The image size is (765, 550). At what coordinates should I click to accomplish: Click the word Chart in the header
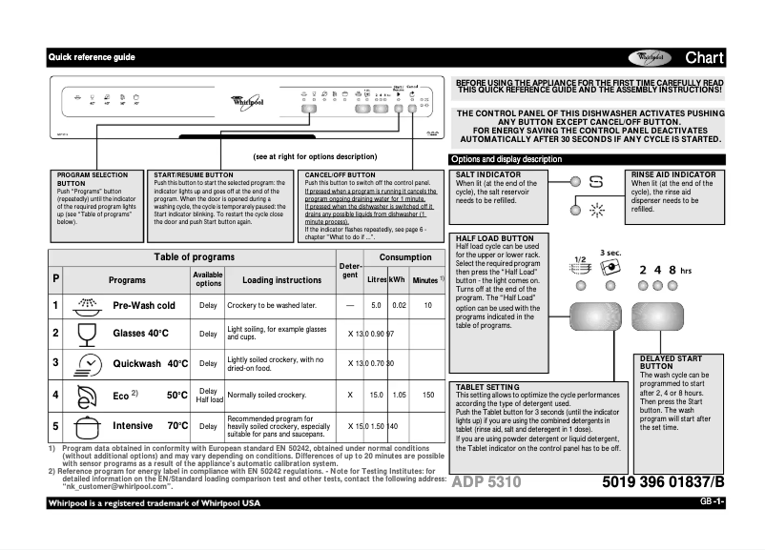pyautogui.click(x=705, y=58)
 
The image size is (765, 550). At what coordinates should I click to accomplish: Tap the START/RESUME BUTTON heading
pyautogui.click(x=193, y=175)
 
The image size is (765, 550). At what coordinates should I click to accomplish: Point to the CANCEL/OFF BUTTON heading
pyautogui.click(x=340, y=175)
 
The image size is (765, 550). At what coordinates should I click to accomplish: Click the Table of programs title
pyautogui.click(x=196, y=258)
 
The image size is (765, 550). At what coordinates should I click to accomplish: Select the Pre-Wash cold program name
pyautogui.click(x=144, y=305)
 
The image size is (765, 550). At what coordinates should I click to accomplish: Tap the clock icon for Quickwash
pyautogui.click(x=87, y=363)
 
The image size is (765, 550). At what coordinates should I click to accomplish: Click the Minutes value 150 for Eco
pyautogui.click(x=428, y=395)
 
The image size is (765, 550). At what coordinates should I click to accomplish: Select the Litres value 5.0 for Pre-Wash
pyautogui.click(x=377, y=305)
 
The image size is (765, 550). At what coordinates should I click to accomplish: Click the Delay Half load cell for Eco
pyautogui.click(x=208, y=395)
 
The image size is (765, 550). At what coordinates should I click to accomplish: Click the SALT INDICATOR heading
pyautogui.click(x=488, y=175)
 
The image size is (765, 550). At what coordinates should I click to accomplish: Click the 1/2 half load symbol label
pyautogui.click(x=579, y=259)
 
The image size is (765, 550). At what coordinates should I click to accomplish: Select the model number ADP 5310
pyautogui.click(x=486, y=482)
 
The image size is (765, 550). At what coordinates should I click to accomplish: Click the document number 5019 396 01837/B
pyautogui.click(x=664, y=482)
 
